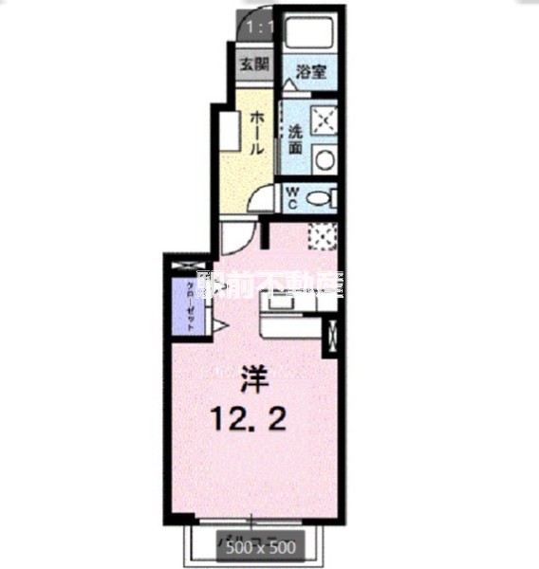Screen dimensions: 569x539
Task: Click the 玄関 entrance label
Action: (x=253, y=65)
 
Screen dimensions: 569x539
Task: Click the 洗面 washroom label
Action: (x=296, y=140)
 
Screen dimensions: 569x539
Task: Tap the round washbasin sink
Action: (x=325, y=157)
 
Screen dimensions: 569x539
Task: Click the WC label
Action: (x=294, y=198)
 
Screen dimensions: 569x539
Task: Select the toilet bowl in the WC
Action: (x=322, y=199)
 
